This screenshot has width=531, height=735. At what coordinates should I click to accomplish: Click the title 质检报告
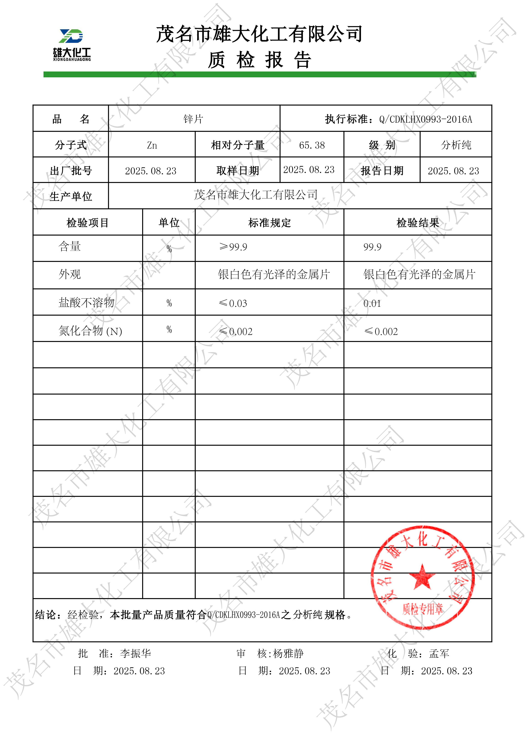259,60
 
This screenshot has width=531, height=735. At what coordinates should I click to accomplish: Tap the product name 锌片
193,119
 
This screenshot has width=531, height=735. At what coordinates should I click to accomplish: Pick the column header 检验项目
87,223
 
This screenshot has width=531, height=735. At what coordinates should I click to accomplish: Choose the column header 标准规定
269,223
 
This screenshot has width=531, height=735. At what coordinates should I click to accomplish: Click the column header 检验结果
418,223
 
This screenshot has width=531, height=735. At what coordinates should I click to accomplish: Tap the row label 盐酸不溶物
87,302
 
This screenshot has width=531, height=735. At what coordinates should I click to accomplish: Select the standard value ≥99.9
233,247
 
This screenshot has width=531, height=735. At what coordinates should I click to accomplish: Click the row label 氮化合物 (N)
90,331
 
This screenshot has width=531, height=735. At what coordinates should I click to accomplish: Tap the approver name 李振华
135,653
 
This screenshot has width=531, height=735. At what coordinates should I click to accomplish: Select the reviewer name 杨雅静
288,653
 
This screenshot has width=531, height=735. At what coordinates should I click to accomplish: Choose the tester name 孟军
439,653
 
